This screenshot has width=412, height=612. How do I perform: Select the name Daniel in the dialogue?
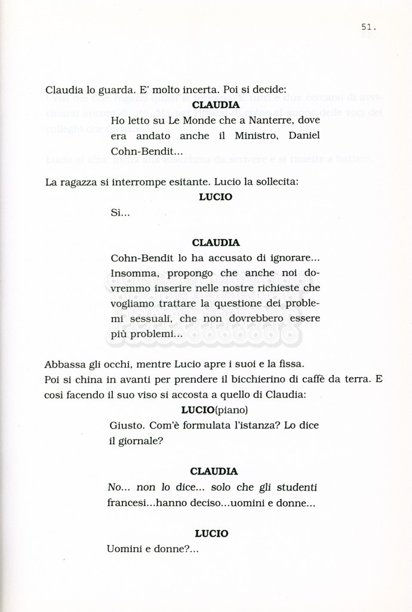point(304,136)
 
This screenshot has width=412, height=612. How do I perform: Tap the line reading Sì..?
point(120,213)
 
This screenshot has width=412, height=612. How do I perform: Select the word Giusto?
point(126,426)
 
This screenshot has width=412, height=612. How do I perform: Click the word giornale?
point(140,441)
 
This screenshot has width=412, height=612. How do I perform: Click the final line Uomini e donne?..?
point(152,549)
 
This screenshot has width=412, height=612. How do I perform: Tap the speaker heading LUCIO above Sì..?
point(216,197)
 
